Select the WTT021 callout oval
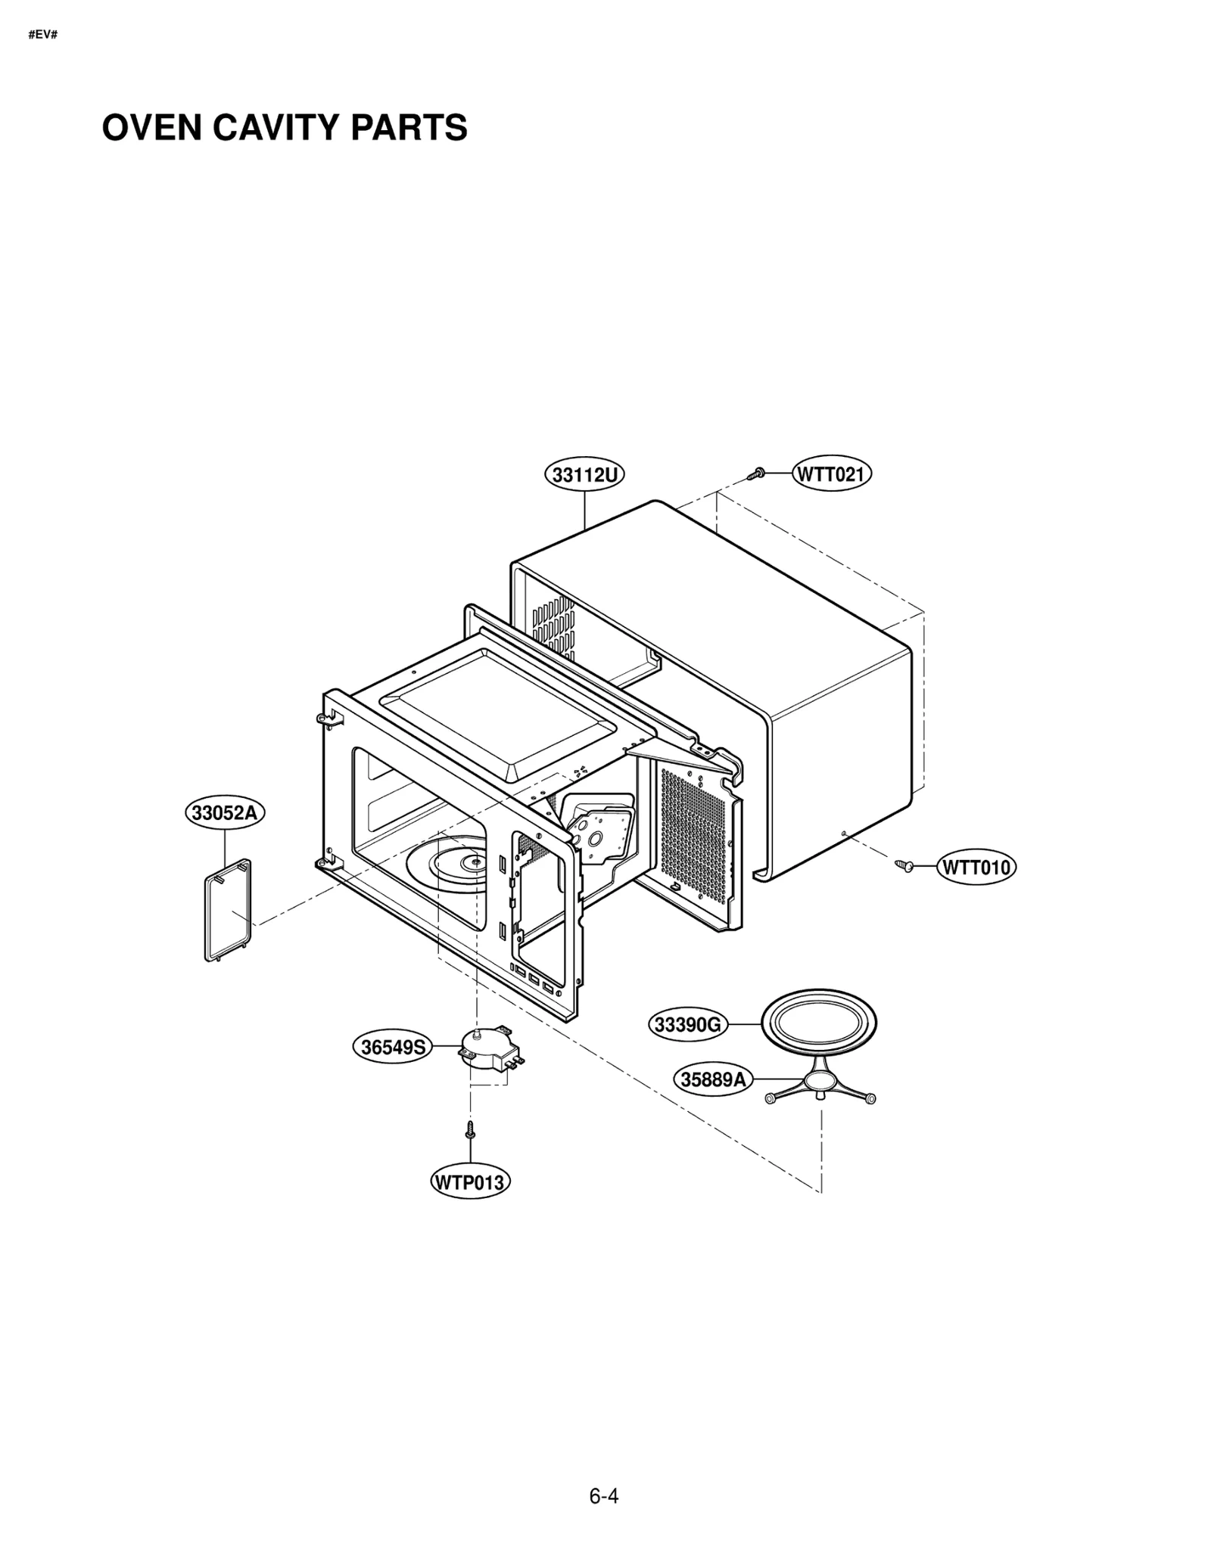tap(832, 474)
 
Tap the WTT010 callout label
tap(976, 867)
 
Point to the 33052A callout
tap(225, 813)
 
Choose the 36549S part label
tap(394, 1048)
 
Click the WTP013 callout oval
tap(469, 1182)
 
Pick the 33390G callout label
tap(687, 1025)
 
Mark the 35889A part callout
tap(712, 1079)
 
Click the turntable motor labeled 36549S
tap(485, 1049)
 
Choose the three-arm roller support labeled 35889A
tap(820, 1087)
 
